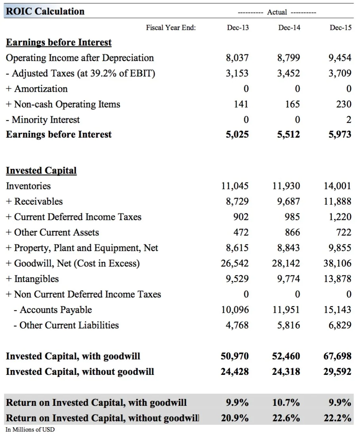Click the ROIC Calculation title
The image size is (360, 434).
click(x=45, y=11)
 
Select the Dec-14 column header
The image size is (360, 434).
click(x=289, y=27)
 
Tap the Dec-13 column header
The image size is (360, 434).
click(x=238, y=27)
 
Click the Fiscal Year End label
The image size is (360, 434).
click(x=171, y=27)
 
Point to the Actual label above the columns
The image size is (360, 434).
click(x=277, y=12)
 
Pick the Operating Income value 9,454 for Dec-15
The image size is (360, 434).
click(x=340, y=58)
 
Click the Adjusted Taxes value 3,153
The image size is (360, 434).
click(x=237, y=73)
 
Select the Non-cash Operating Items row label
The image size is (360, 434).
click(x=63, y=104)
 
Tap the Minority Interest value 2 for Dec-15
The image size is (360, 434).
click(x=349, y=120)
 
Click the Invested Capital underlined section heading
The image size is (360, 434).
click(x=41, y=171)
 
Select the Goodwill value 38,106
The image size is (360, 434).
click(x=337, y=263)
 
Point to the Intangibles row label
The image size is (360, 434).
click(x=32, y=279)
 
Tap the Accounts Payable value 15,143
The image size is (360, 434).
click(x=337, y=310)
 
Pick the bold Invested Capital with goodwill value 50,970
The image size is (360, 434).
click(x=235, y=356)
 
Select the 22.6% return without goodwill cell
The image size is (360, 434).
click(x=286, y=418)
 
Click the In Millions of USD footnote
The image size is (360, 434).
click(x=30, y=430)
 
